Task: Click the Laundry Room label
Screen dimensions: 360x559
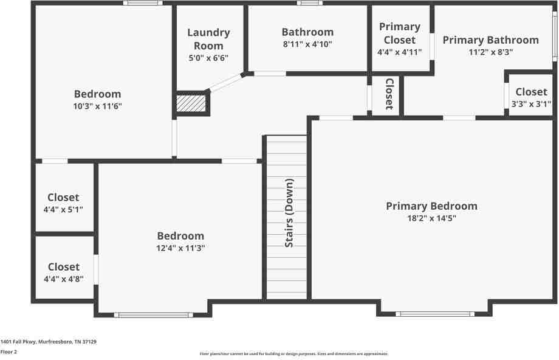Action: (x=208, y=39)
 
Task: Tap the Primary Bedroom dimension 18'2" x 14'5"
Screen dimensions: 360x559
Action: (x=431, y=218)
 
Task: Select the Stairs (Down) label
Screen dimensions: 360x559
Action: (x=290, y=212)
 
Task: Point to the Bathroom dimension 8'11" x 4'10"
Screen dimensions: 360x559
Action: (x=307, y=44)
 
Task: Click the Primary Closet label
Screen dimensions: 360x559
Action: (x=400, y=33)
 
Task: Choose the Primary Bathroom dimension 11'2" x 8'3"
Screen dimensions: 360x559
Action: (x=490, y=52)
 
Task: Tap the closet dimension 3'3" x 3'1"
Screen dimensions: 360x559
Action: (x=531, y=103)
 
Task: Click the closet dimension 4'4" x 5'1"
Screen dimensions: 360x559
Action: (x=64, y=209)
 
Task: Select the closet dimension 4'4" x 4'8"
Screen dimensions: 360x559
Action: (x=64, y=279)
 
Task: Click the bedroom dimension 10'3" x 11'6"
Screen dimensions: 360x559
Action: (x=97, y=106)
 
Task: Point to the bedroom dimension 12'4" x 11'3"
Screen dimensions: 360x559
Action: (x=180, y=248)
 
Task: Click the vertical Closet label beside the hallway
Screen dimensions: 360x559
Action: (x=389, y=94)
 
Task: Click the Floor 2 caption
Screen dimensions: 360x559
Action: (x=9, y=351)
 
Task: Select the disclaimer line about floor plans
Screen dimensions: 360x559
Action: (x=294, y=353)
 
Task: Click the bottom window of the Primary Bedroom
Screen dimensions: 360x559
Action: (x=434, y=314)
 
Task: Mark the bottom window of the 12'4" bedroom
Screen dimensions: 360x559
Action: (x=154, y=314)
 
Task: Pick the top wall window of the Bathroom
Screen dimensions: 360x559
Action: (x=310, y=3)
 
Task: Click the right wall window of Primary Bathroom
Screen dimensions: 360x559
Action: (x=555, y=37)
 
